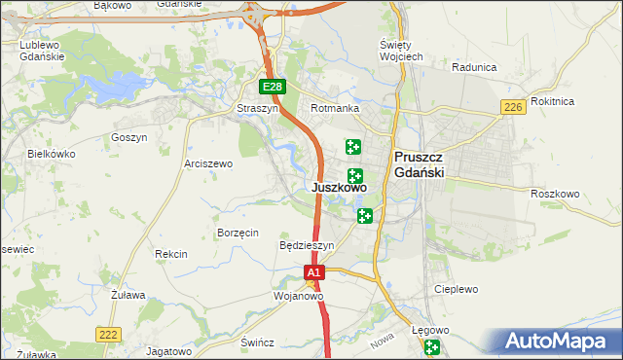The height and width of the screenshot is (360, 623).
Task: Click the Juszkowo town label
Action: pyautogui.click(x=340, y=188)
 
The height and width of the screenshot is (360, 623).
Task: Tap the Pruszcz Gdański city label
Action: pyautogui.click(x=420, y=164)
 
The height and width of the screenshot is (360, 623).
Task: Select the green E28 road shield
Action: pyautogui.click(x=274, y=88)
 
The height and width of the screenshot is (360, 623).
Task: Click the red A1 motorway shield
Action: pyautogui.click(x=313, y=274)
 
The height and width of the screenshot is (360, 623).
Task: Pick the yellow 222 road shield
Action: pyautogui.click(x=109, y=334)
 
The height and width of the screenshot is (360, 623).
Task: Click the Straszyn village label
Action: pyautogui.click(x=258, y=109)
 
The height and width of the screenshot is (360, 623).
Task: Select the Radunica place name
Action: pyautogui.click(x=475, y=68)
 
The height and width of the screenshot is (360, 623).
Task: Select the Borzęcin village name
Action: pyautogui.click(x=238, y=233)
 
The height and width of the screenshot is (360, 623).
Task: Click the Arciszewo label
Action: pyautogui.click(x=207, y=163)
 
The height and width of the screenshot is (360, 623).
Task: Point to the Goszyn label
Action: pyautogui.click(x=128, y=137)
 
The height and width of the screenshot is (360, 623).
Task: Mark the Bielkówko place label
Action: pyautogui.click(x=52, y=154)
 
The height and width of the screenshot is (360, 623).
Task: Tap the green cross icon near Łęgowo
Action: pyautogui.click(x=432, y=348)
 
